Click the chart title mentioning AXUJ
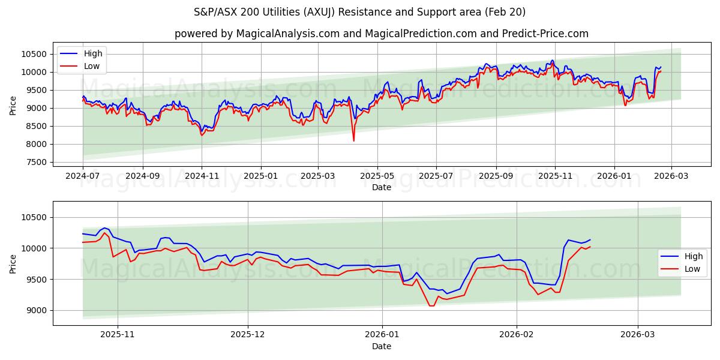pyautogui.click(x=360, y=12)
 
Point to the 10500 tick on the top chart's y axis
pyautogui.click(x=35, y=54)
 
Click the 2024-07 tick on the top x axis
pyautogui.click(x=83, y=176)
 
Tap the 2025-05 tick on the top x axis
pyautogui.click(x=377, y=176)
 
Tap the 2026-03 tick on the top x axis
pyautogui.click(x=671, y=176)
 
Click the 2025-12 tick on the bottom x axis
pyautogui.click(x=248, y=335)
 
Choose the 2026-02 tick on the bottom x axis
pyautogui.click(x=517, y=335)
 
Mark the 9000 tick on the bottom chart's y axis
pyautogui.click(x=37, y=310)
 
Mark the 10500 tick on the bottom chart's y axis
pyautogui.click(x=35, y=217)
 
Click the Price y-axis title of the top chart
pyautogui.click(x=13, y=105)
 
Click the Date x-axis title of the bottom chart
pyautogui.click(x=382, y=346)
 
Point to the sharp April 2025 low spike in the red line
pyautogui.click(x=353, y=140)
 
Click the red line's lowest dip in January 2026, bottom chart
pyautogui.click(x=431, y=306)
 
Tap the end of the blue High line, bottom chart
pyautogui.click(x=590, y=240)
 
